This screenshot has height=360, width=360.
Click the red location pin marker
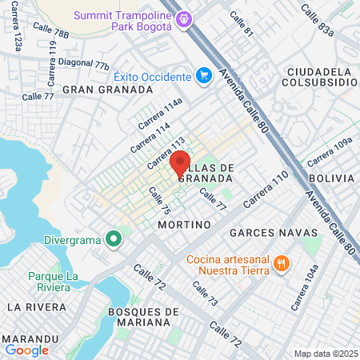(180, 163)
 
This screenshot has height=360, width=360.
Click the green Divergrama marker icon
(114, 238)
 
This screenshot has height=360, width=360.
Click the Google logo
(27, 350)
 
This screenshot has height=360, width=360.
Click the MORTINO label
(184, 225)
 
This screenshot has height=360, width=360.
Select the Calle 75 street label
(160, 200)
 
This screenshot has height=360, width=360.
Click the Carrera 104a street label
(306, 287)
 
